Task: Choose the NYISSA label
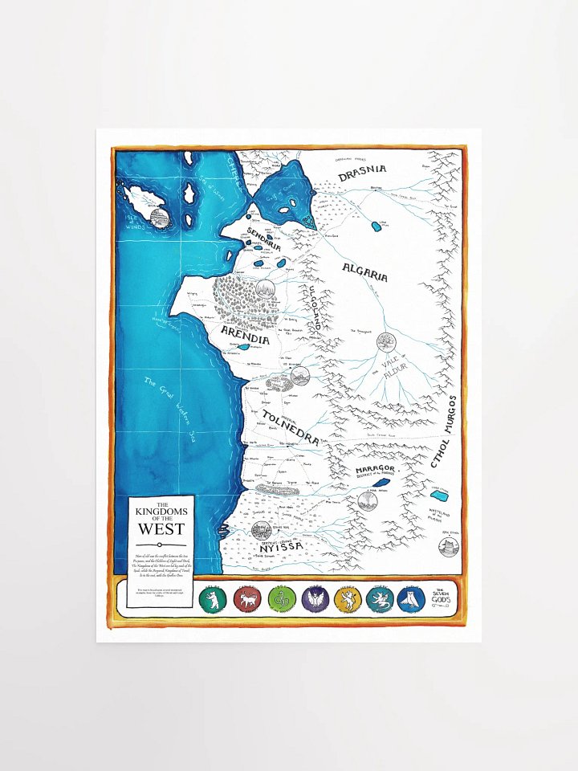(280, 546)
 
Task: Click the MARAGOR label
(374, 471)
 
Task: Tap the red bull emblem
(245, 598)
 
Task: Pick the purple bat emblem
(315, 598)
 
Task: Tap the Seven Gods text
(443, 597)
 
